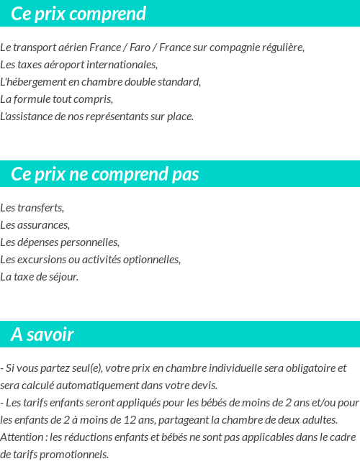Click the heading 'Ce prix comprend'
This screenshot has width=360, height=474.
(x=78, y=14)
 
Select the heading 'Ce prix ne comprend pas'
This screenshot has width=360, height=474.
(x=105, y=175)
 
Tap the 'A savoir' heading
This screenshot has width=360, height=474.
(x=42, y=334)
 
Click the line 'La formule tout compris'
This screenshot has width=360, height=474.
(x=57, y=99)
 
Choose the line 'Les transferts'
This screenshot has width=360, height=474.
(x=32, y=208)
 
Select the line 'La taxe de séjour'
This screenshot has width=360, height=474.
(x=40, y=277)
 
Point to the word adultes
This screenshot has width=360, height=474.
(x=319, y=420)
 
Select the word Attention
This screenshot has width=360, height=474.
(x=22, y=437)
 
